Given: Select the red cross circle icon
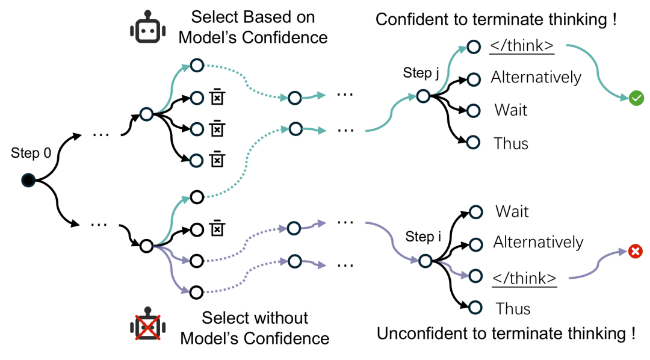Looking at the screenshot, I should (x=634, y=252).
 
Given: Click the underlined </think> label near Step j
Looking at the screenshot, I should (x=522, y=46).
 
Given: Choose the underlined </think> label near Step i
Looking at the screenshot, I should (x=524, y=277).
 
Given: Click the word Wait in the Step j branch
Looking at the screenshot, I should (x=511, y=110).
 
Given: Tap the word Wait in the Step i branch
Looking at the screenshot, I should (x=512, y=211).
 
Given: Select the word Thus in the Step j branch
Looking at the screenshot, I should (x=511, y=143).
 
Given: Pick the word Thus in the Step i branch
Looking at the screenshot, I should (x=513, y=309).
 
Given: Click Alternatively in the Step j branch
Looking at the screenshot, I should (x=536, y=78).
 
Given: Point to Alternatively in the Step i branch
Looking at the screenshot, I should (x=538, y=242).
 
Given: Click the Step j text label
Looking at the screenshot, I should (x=421, y=74).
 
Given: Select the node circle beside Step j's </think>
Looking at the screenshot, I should (x=473, y=46).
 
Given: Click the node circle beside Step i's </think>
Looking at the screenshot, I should (x=475, y=276).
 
